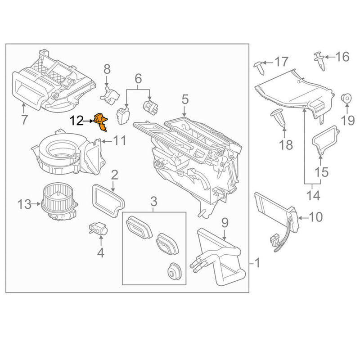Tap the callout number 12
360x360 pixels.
(77, 121)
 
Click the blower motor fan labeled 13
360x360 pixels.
(58, 202)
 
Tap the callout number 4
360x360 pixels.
(101, 253)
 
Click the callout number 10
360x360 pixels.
(316, 217)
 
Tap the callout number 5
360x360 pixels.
(184, 99)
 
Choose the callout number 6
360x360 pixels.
(138, 79)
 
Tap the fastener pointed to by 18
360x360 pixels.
(279, 118)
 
